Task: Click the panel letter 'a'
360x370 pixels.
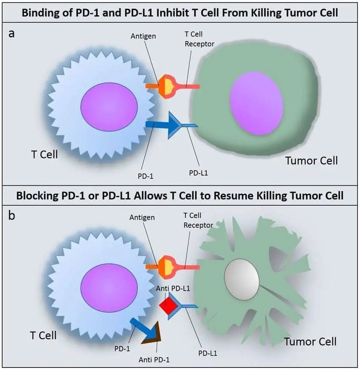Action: point(12,33)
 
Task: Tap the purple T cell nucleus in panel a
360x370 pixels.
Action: point(110,105)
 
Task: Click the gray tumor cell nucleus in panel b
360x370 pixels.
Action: point(241,279)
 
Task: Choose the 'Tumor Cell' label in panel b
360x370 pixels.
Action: point(310,341)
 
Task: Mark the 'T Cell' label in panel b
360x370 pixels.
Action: point(43,335)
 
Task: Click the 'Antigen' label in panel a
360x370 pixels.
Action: point(143,36)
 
